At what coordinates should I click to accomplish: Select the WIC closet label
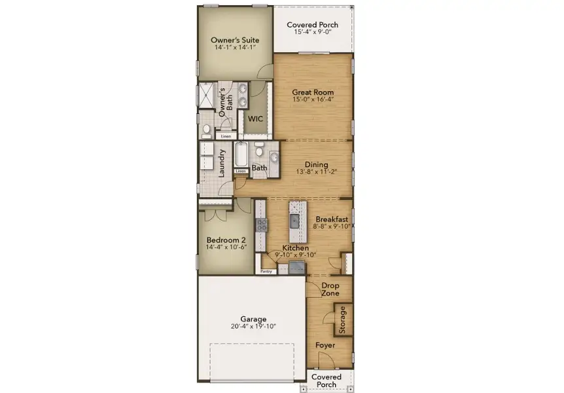point(254,119)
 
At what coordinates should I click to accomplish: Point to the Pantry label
point(266,271)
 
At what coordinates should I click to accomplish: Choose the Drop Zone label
point(330,290)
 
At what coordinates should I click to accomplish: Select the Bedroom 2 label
point(225,240)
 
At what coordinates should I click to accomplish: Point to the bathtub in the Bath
point(240,155)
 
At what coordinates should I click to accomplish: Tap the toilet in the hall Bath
point(259,153)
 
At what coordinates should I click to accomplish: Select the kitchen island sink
point(294,220)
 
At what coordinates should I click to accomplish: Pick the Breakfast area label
point(332,219)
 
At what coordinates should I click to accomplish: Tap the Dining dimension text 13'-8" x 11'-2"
point(317,173)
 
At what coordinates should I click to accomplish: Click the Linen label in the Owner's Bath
point(226,136)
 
